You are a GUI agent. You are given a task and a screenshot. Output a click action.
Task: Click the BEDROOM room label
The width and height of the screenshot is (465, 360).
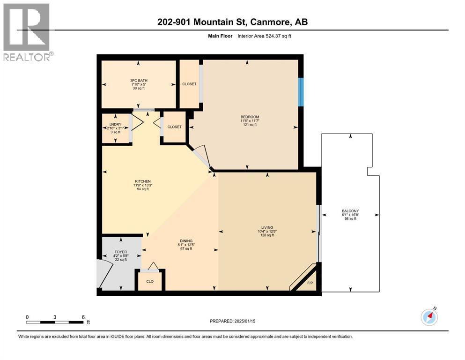point(250,117)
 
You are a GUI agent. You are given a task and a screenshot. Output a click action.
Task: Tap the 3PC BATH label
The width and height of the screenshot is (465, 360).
point(139,81)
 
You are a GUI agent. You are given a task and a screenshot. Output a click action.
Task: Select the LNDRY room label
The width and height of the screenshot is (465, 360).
point(115,124)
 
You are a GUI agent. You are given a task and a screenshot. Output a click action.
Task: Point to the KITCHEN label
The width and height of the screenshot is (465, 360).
point(142,181)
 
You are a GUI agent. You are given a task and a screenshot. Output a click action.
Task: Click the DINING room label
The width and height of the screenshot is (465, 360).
point(186,240)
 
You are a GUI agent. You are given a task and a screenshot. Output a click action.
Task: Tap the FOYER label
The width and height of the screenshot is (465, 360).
point(121,252)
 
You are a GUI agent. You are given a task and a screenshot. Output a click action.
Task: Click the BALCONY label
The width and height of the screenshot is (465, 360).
point(350,211)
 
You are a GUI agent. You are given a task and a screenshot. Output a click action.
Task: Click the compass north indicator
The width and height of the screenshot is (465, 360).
point(429,317)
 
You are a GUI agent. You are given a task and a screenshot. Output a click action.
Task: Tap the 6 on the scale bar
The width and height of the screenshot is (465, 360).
point(83,317)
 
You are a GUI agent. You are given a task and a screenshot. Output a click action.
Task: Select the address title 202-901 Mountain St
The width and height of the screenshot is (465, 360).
point(232,22)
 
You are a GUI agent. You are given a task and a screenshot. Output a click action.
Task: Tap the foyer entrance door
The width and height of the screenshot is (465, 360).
point(105,273)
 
